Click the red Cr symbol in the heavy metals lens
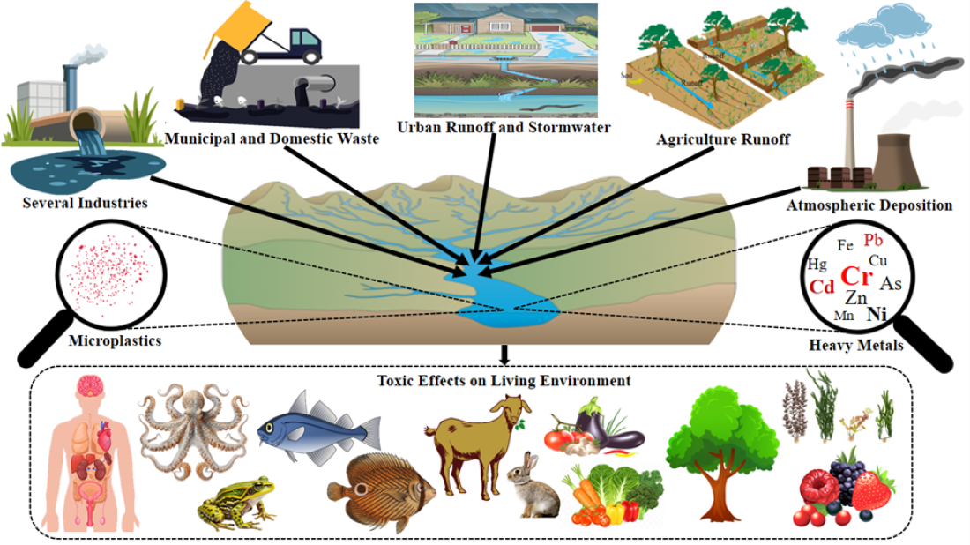coord(856,277)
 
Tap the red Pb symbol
coord(873,240)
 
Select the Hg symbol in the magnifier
coord(817,264)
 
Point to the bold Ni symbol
coord(877,314)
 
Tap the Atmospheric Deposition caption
coord(869,205)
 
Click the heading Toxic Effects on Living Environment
coord(504,381)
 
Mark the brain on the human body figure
coord(91,391)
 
